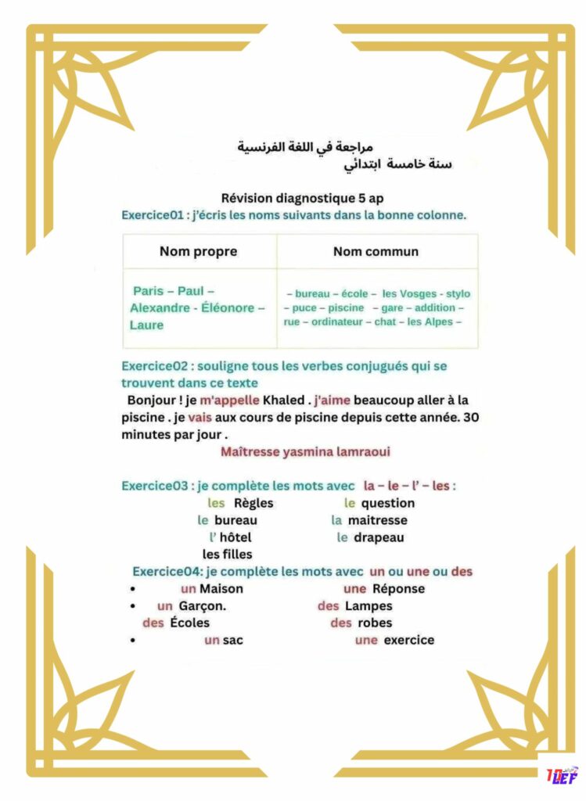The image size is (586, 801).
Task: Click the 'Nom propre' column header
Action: [x=198, y=252]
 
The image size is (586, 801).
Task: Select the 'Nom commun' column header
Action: [x=376, y=252]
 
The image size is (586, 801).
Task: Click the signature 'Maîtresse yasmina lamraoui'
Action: [x=305, y=452]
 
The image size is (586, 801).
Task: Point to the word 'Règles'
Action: [x=253, y=504]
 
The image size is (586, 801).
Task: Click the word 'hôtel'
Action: [x=235, y=537]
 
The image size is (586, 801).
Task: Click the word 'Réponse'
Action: [x=398, y=589]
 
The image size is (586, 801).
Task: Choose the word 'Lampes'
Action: [x=368, y=606]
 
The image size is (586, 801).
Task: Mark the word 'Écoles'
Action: [x=189, y=623]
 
